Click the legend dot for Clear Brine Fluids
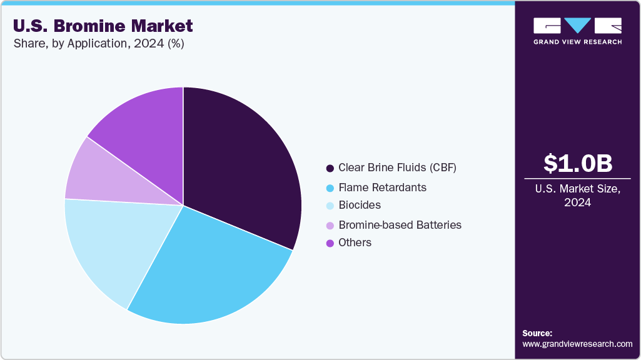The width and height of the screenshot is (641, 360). tap(330, 168)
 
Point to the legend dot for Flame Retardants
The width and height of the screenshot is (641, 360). tap(330, 187)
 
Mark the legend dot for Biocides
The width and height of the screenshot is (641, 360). tap(330, 206)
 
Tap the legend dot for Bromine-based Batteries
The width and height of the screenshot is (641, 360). tap(330, 225)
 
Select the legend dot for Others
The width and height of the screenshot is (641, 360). tap(330, 243)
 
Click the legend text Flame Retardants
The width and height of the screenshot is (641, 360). tap(382, 187)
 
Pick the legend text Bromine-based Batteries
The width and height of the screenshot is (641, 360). tap(400, 224)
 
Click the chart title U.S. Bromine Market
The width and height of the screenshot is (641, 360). tap(103, 26)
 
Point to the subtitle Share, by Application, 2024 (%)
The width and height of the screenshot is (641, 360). tap(98, 44)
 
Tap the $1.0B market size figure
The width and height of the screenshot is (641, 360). tap(577, 163)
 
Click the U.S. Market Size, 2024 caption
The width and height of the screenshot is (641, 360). tap(577, 196)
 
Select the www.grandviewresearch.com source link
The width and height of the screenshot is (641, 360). tap(577, 344)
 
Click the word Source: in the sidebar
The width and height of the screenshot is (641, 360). tap(537, 333)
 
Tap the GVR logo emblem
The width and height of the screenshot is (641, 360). tap(577, 26)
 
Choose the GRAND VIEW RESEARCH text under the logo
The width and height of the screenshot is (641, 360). tap(577, 42)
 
